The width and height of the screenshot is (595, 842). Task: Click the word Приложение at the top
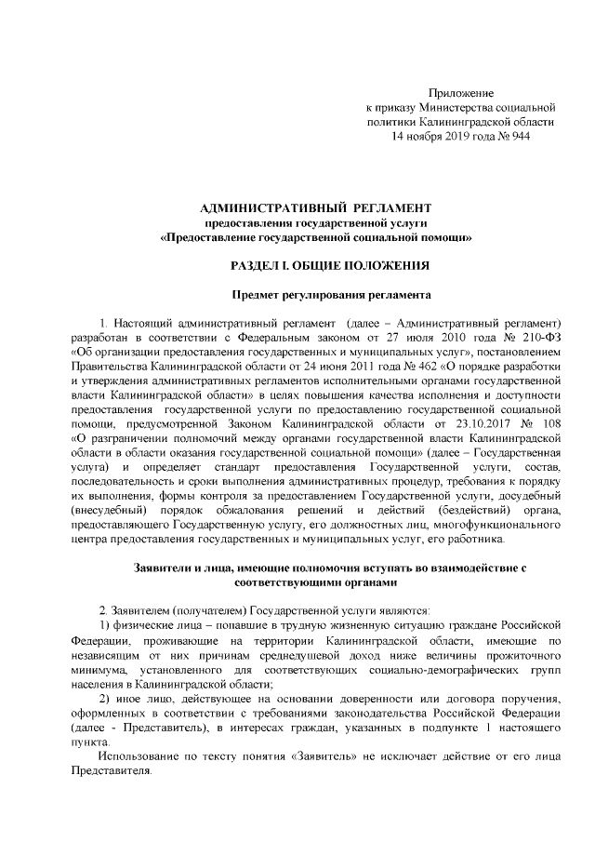[460, 93]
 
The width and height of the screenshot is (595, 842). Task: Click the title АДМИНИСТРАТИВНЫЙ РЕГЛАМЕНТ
[317, 206]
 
